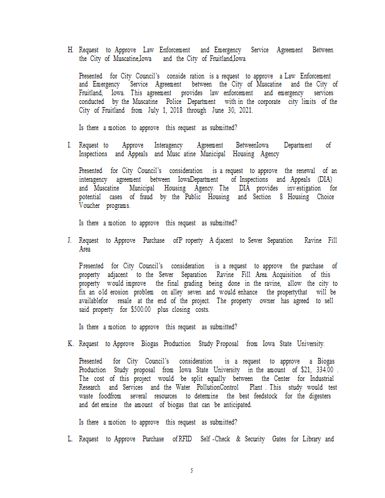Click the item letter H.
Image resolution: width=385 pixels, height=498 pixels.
tap(70, 50)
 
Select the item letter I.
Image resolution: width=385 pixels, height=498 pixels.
tap(70, 145)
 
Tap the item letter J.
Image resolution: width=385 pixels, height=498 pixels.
tap(70, 240)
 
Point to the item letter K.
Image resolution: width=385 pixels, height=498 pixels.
tap(70, 344)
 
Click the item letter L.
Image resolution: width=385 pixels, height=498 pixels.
tap(70, 439)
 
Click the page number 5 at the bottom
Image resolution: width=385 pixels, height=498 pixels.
tap(192, 471)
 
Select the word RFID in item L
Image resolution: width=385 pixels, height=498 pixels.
tap(186, 439)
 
